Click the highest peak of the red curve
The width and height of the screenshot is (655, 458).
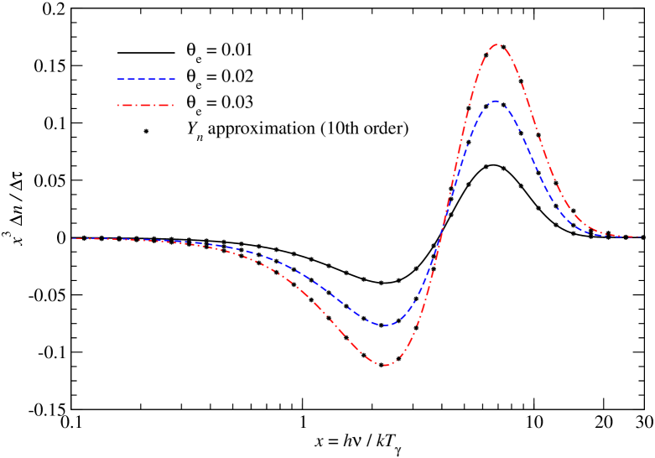tap(496, 44)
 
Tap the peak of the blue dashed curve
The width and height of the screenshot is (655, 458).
tap(496, 101)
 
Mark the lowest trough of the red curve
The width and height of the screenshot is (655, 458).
tap(386, 366)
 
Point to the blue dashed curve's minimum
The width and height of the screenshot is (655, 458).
tap(386, 325)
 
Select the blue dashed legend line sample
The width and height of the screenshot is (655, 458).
tap(147, 79)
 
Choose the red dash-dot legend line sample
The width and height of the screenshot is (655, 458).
tap(147, 105)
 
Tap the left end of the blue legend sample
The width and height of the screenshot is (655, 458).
tap(118, 79)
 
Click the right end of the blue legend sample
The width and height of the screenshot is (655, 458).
tap(175, 79)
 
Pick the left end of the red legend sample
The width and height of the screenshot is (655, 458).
tap(118, 105)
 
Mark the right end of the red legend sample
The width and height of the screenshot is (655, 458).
tap(175, 105)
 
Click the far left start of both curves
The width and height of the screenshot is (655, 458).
tap(72, 238)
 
